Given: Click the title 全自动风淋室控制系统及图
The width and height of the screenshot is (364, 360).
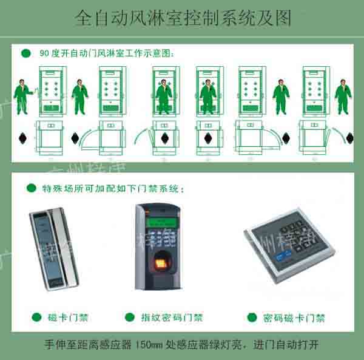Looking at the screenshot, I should [x=182, y=18].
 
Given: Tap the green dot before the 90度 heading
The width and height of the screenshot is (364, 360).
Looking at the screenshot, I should [x=25, y=53].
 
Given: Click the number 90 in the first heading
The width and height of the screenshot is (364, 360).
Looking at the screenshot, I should [x=44, y=53].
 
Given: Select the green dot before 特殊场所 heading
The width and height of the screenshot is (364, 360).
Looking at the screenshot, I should [x=31, y=189].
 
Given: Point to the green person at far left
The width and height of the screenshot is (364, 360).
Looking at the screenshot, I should [x=24, y=97].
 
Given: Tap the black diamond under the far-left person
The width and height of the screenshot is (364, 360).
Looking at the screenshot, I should [x=22, y=138].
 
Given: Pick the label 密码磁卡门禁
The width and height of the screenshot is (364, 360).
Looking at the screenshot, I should [x=294, y=318].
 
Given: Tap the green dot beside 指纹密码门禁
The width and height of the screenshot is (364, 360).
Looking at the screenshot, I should [x=129, y=317].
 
